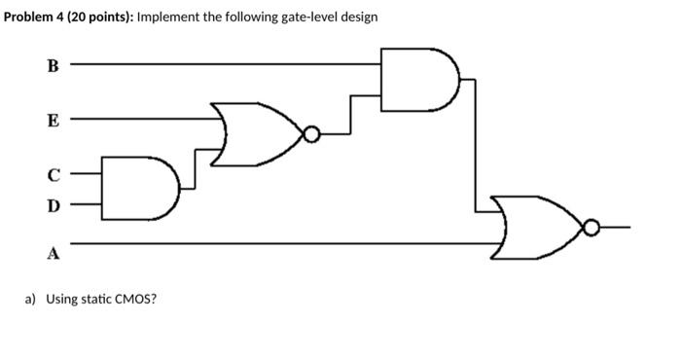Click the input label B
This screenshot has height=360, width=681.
(53, 66)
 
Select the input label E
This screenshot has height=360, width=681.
(53, 121)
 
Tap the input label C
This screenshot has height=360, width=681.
(54, 175)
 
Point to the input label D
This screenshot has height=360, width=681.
(53, 205)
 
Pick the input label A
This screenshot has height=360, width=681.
(54, 253)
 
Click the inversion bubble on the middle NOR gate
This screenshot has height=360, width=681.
(310, 134)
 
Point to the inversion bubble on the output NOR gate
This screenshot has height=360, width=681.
(590, 228)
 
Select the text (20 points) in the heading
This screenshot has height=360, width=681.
(96, 18)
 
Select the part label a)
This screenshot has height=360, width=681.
(29, 298)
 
